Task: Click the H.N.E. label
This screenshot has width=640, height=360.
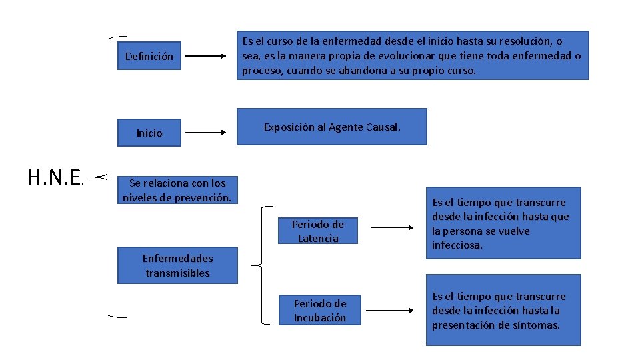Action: (55, 177)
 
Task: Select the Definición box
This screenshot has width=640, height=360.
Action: (149, 57)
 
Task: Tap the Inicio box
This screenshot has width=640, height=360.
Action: (149, 133)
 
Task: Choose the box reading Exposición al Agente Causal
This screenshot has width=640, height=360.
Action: (332, 127)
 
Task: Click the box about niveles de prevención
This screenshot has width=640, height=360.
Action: (177, 190)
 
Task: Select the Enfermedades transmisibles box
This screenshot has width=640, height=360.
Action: (177, 265)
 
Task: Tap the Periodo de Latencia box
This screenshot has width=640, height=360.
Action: (318, 231)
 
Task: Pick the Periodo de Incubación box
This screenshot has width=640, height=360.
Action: (320, 311)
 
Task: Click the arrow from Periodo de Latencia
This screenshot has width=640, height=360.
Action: (392, 228)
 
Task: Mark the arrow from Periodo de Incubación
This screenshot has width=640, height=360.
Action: (392, 310)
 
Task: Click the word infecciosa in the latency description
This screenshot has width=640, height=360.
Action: (457, 245)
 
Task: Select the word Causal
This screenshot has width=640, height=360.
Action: (383, 127)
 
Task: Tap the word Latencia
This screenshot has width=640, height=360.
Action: (318, 239)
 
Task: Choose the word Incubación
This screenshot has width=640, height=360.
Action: (320, 318)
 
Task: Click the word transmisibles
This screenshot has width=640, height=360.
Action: (177, 273)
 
